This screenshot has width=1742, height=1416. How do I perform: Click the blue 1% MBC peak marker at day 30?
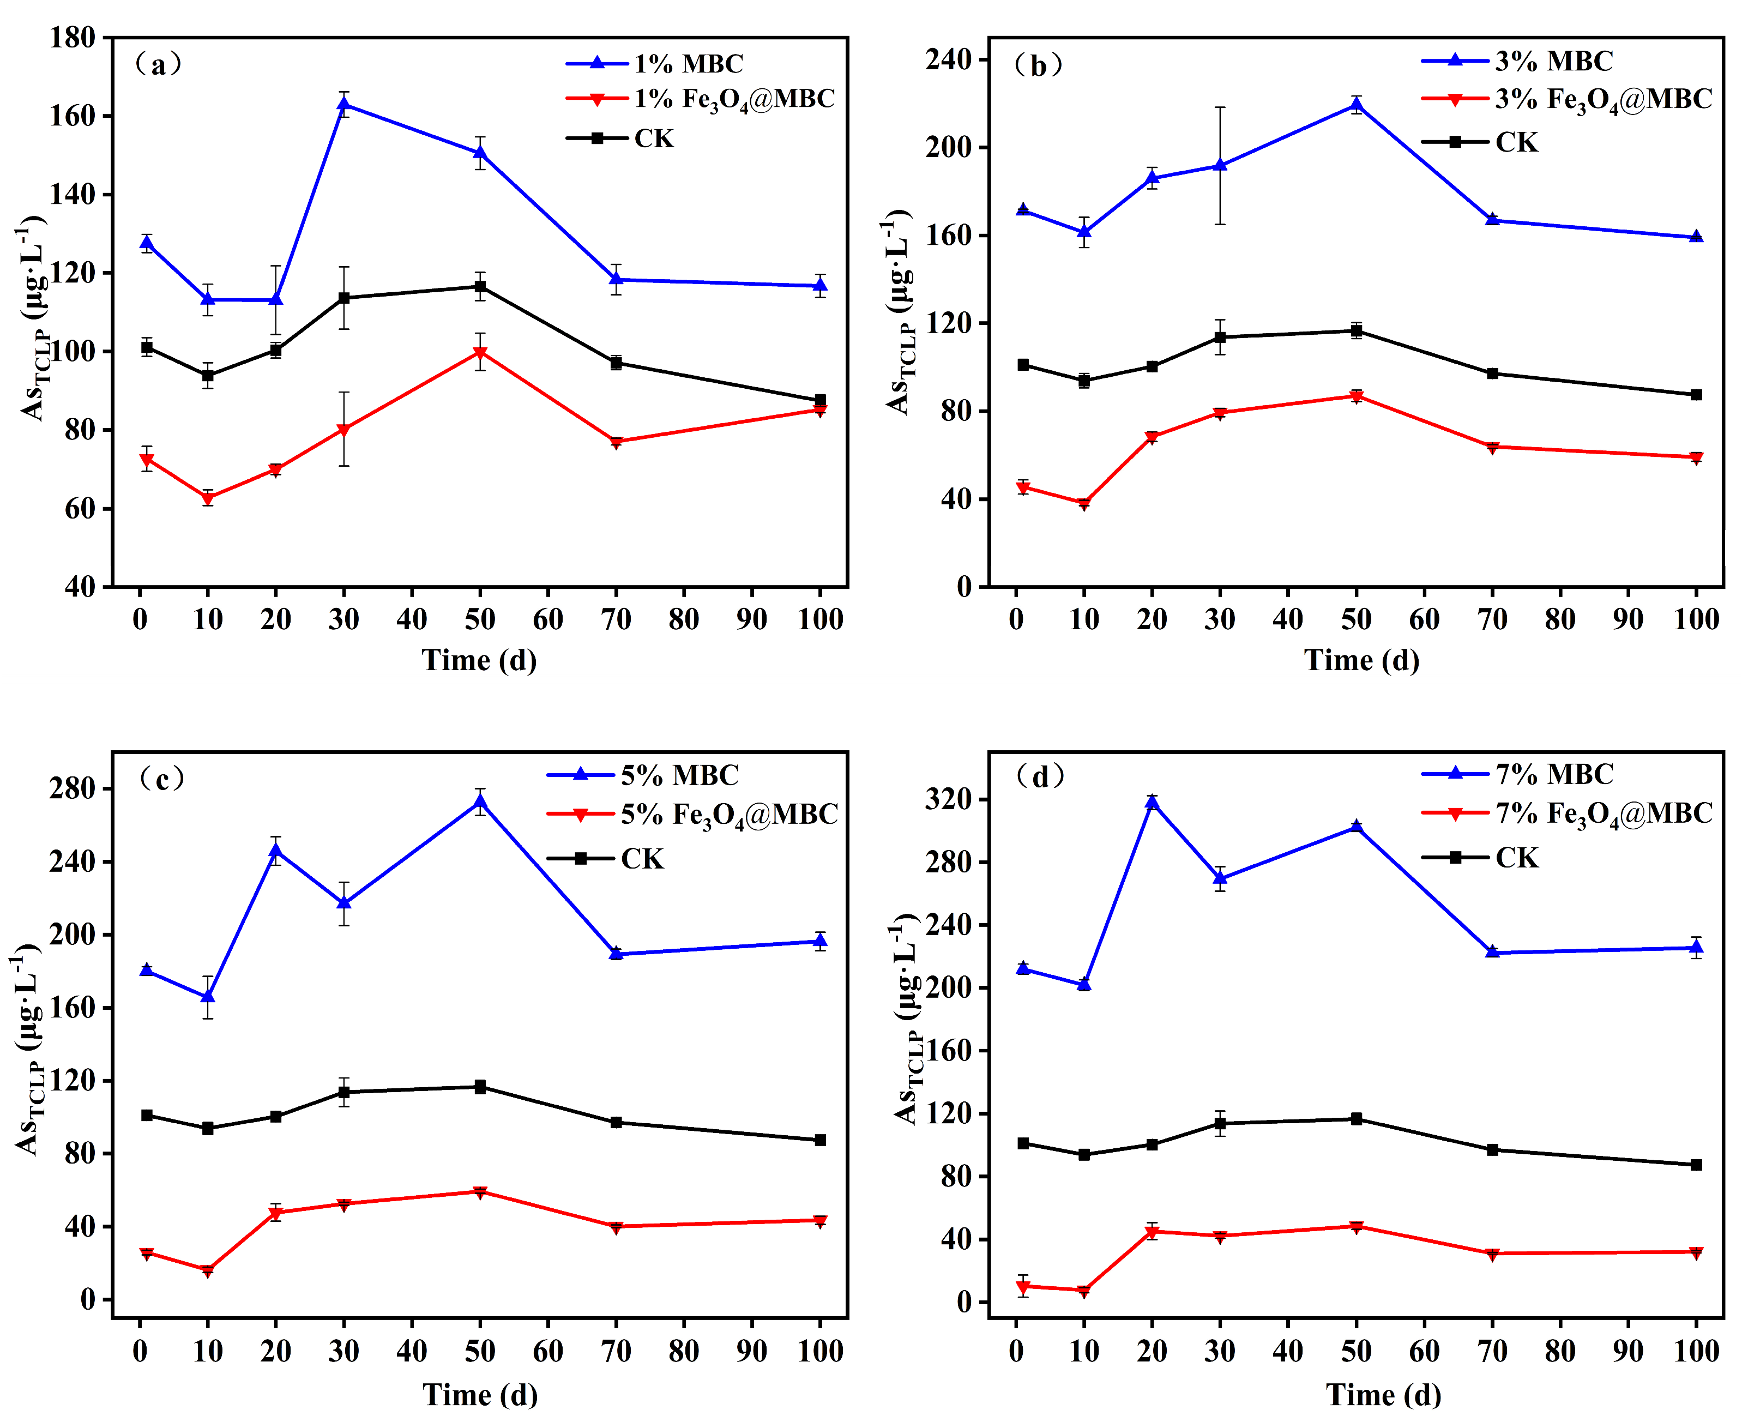344,104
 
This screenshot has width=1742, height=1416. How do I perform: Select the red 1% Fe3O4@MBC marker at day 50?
480,352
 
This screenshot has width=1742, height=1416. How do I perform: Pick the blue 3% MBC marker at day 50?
1356,104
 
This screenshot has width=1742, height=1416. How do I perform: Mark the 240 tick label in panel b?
949,59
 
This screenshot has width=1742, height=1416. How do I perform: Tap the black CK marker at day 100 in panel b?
1696,395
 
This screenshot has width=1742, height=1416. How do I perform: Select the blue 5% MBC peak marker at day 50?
480,801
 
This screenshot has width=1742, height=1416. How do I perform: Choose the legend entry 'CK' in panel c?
642,859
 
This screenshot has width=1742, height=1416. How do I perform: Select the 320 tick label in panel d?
949,799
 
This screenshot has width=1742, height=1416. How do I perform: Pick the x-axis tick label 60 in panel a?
548,619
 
